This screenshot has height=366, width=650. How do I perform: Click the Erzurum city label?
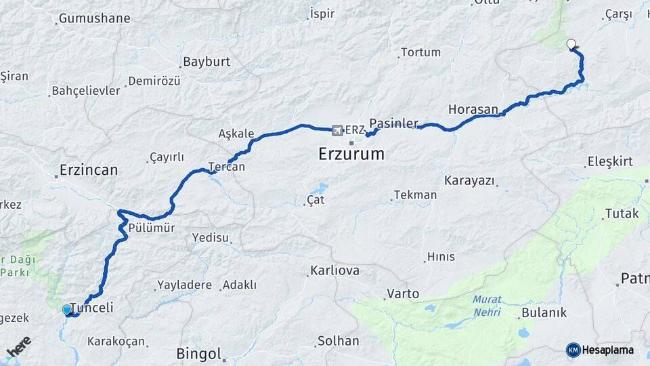[351, 155]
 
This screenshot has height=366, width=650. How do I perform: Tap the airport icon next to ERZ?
[337, 129]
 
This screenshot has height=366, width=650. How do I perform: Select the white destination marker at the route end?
[571, 45]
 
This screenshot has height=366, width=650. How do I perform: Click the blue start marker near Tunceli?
[66, 310]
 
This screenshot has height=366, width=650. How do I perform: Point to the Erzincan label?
[89, 169]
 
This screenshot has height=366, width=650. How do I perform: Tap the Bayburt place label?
[207, 62]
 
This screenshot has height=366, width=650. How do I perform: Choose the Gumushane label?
[94, 18]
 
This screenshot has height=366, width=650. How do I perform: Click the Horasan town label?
[473, 109]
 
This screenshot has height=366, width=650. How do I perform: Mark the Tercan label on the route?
[226, 167]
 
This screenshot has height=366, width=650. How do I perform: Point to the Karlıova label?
[334, 271]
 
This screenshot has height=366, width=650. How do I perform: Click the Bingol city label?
[198, 353]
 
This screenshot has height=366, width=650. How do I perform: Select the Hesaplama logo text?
[607, 350]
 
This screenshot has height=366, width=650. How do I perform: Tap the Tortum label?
[420, 52]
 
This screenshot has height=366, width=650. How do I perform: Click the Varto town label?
[403, 294]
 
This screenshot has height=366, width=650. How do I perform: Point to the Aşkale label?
[236, 134]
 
